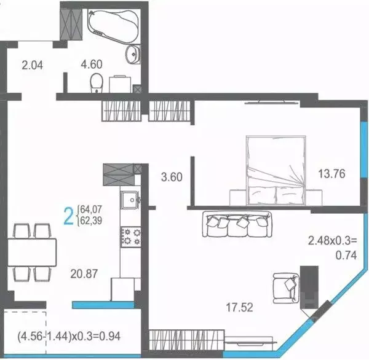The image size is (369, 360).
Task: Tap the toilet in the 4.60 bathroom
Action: click(95, 82)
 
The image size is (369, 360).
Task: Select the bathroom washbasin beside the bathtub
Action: click(131, 55)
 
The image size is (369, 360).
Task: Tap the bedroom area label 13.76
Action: click(331, 173)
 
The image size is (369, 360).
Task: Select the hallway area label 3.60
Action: click(172, 178)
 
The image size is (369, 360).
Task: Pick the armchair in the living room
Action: click(285, 286)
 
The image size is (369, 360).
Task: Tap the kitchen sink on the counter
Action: click(130, 201)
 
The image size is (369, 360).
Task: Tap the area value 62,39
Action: click(90, 222)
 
